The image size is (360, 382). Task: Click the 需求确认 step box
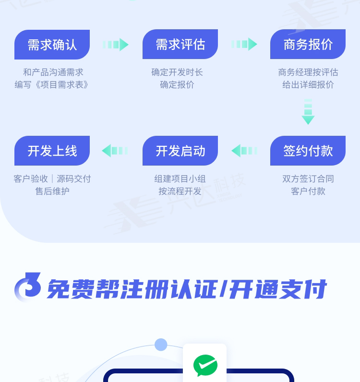[x=52, y=45]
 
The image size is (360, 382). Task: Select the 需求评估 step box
[x=180, y=45]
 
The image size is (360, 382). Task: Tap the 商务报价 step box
[x=308, y=45]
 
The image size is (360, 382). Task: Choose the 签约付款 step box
[x=308, y=151]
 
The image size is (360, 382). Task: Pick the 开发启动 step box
[x=180, y=151]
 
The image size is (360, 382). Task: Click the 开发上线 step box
[x=52, y=151]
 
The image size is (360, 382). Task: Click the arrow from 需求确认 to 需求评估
[x=116, y=45]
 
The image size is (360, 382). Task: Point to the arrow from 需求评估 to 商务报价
[x=244, y=44]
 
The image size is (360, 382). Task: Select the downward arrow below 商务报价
[x=308, y=112]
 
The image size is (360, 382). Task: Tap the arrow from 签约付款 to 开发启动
[x=244, y=151]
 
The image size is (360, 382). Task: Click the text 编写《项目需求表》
[x=52, y=85]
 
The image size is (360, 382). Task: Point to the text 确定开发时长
[x=177, y=72]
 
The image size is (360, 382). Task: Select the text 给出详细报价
[x=308, y=85]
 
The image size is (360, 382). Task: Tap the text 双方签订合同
[x=308, y=179]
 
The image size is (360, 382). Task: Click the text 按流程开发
[x=180, y=191]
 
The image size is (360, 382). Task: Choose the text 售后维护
[x=52, y=191]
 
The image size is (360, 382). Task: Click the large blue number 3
[x=28, y=286]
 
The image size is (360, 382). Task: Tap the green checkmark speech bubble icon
[x=205, y=366]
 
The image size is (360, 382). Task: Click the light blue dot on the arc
[x=161, y=345]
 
